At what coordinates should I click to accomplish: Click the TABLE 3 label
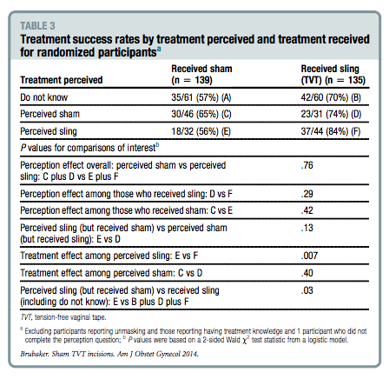(37, 26)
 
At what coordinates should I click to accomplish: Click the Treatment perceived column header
(62, 80)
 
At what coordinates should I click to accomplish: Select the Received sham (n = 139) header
(201, 74)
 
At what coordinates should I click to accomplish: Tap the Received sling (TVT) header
(333, 74)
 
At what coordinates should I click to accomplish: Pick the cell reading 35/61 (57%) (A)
(201, 97)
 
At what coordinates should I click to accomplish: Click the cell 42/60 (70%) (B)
(331, 97)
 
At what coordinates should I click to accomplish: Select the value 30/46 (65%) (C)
(201, 114)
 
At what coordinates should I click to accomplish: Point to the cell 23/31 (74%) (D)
(331, 114)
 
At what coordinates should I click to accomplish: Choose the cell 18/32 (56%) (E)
(201, 131)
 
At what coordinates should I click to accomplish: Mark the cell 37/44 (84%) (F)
(331, 131)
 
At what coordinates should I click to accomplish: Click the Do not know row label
(43, 97)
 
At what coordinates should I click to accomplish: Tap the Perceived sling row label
(49, 131)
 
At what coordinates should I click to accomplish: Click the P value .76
(307, 165)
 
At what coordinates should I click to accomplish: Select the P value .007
(309, 256)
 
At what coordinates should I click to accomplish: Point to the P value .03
(307, 290)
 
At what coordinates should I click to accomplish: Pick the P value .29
(307, 194)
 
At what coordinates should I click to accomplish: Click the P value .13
(307, 228)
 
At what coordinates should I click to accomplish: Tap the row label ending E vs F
(109, 256)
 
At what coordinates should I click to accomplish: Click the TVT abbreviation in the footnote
(26, 317)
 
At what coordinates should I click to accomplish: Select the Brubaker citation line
(109, 354)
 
